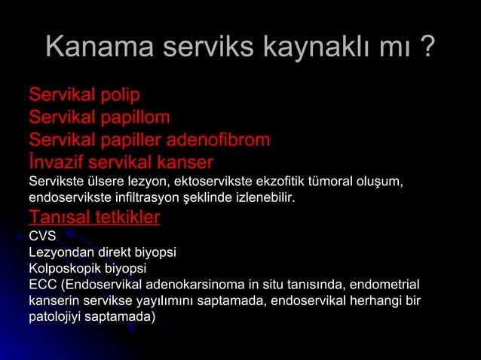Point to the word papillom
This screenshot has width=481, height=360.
coord(132,117)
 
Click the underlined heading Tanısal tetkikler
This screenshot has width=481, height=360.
coord(94,218)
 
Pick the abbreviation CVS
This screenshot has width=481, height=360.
coord(42,236)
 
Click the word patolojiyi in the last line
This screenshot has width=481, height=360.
coord(57,317)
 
